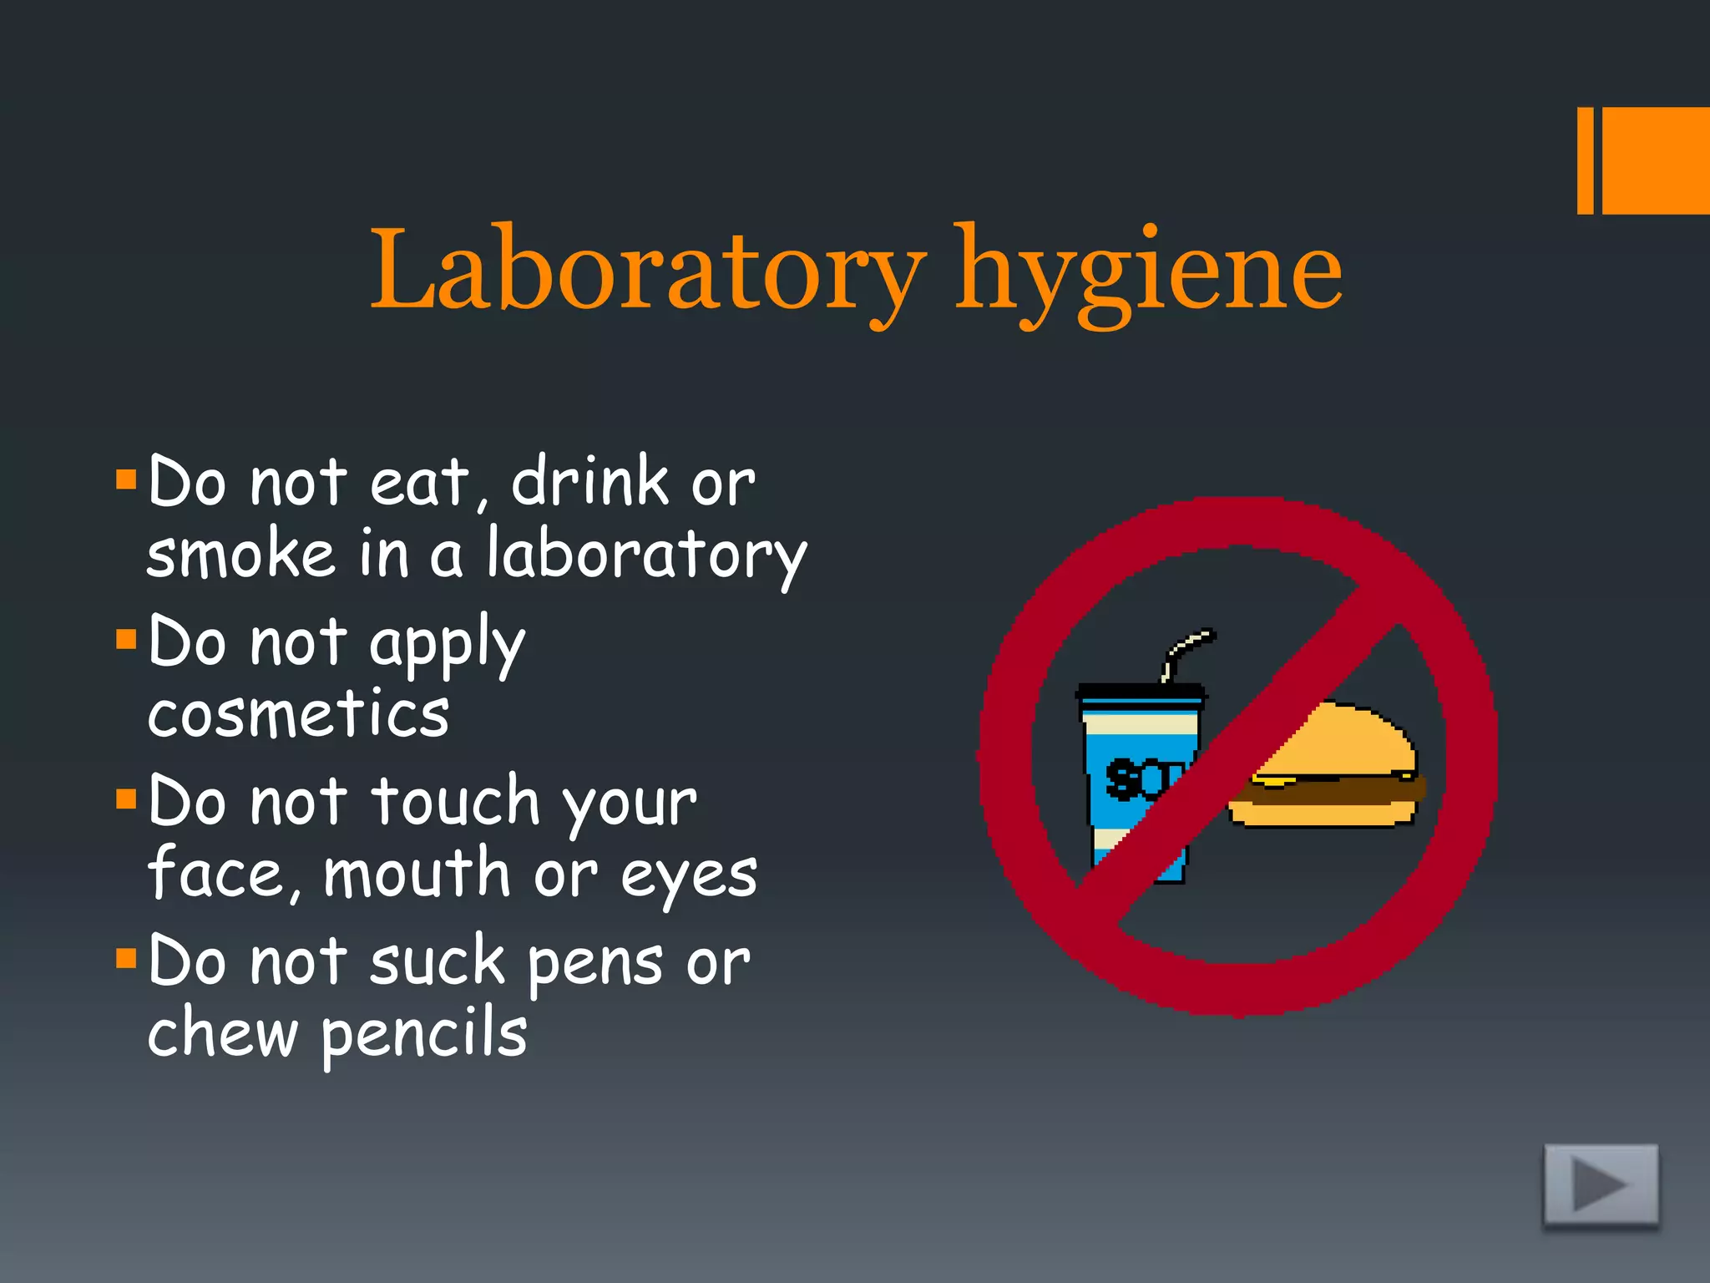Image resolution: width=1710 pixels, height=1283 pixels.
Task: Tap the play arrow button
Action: click(1601, 1184)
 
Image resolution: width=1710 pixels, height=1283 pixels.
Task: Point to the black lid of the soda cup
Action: click(1141, 692)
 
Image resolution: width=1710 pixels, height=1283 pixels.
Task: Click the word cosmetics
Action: click(298, 715)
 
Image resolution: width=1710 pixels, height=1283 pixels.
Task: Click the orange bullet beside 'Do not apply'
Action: click(126, 640)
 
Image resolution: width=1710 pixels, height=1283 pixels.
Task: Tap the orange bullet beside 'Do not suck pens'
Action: click(126, 958)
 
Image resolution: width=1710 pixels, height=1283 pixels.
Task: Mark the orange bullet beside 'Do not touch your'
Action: click(126, 799)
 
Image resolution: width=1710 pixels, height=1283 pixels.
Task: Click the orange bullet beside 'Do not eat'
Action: click(126, 479)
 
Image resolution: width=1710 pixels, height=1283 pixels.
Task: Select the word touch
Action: click(455, 802)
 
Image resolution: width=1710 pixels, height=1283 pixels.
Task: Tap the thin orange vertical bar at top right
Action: click(1585, 160)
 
